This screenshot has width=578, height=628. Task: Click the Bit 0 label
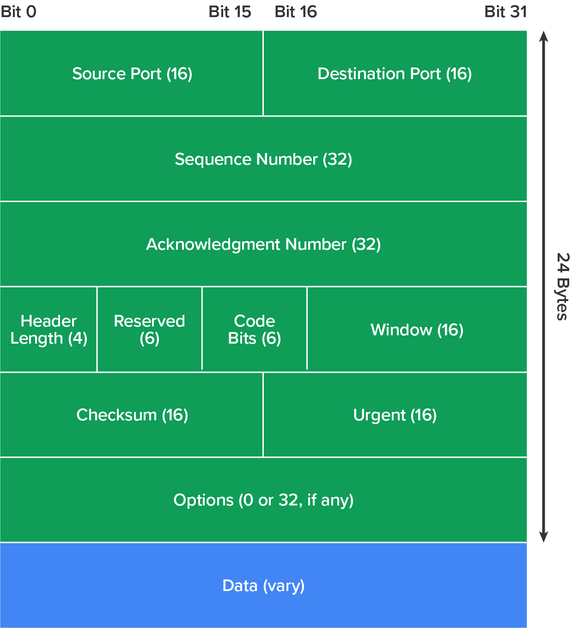(x=18, y=12)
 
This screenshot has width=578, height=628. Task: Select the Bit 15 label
(x=230, y=12)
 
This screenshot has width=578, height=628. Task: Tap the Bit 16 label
(x=296, y=12)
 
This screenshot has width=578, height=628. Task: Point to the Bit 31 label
(x=505, y=12)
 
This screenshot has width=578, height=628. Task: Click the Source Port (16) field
(x=132, y=74)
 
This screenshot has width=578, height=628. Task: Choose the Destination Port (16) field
(x=395, y=74)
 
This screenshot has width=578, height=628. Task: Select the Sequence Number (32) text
(x=263, y=159)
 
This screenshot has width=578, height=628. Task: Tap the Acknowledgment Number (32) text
(x=263, y=244)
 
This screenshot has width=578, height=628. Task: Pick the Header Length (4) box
(x=49, y=329)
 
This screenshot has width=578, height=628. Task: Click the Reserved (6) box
(x=149, y=329)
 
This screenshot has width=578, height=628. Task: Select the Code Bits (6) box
(x=254, y=329)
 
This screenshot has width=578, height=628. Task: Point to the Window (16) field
(x=417, y=330)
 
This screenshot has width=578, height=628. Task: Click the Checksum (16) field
(x=132, y=415)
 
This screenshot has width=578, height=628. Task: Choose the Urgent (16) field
(x=395, y=415)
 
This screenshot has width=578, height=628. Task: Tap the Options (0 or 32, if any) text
(x=263, y=500)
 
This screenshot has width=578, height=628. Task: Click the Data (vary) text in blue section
(x=263, y=585)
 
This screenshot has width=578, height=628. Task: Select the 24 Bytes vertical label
(x=562, y=287)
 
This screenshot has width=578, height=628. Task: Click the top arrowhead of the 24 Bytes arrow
(x=544, y=36)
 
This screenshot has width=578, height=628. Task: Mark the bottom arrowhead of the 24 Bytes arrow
(x=544, y=537)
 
